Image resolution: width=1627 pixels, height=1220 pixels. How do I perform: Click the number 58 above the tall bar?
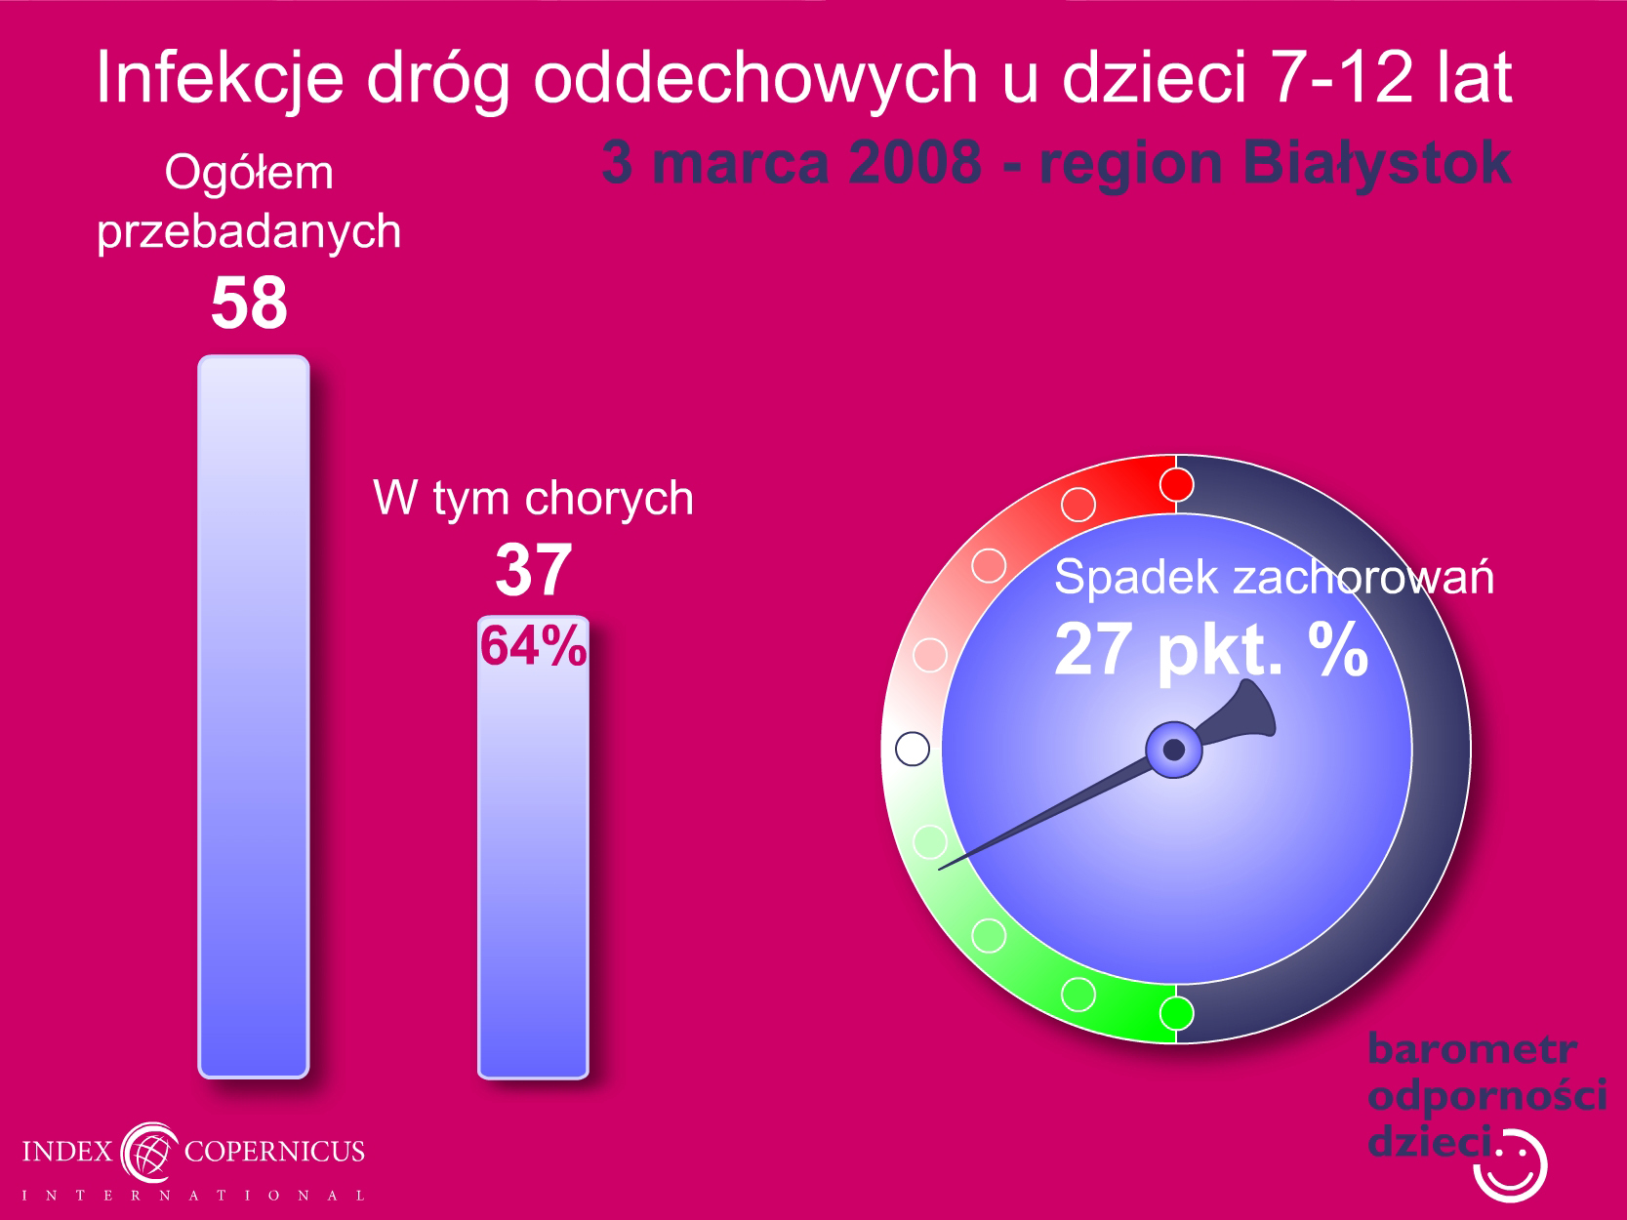point(249,303)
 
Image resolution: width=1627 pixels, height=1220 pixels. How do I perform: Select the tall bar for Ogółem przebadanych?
point(254,716)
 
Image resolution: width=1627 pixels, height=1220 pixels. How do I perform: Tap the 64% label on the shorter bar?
point(534,645)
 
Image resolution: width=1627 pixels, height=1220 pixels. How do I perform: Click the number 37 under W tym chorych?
point(534,569)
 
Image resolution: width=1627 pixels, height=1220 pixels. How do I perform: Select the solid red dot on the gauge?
point(1176,485)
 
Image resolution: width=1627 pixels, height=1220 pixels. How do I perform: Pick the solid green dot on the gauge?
point(1176,1013)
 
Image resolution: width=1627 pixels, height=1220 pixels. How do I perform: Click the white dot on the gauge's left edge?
point(913,749)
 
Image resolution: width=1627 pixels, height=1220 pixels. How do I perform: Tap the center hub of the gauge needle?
point(1174,750)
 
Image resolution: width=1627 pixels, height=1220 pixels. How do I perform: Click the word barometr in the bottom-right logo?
point(1472,1049)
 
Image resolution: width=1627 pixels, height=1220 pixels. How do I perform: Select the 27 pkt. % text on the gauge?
point(1211,650)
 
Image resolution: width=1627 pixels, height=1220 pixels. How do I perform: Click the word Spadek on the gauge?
point(1136,577)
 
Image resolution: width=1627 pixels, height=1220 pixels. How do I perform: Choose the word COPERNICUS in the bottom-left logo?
point(274,1152)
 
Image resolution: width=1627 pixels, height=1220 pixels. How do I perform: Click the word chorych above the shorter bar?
point(609,498)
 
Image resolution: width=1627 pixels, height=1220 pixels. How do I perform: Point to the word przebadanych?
point(249,232)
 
